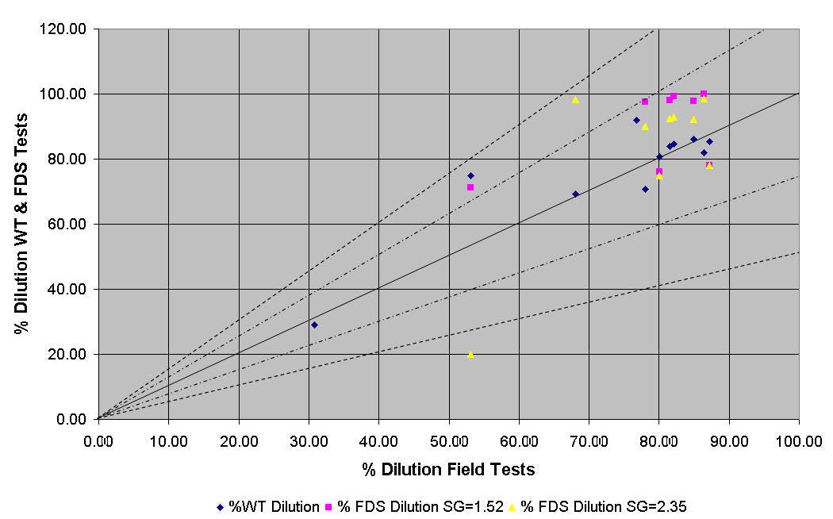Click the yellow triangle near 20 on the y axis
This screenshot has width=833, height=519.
click(470, 354)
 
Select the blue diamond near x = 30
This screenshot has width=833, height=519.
click(314, 325)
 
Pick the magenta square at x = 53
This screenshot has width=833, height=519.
click(470, 187)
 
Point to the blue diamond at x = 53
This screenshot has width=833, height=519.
click(470, 175)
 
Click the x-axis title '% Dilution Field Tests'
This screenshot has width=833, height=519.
click(448, 469)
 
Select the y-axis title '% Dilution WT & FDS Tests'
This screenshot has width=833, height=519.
click(21, 224)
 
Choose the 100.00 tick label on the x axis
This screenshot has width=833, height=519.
click(798, 439)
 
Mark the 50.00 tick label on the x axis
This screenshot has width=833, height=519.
click(449, 439)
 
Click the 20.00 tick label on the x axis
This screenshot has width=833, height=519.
click(239, 439)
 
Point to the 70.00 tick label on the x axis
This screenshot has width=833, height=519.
click(589, 439)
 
